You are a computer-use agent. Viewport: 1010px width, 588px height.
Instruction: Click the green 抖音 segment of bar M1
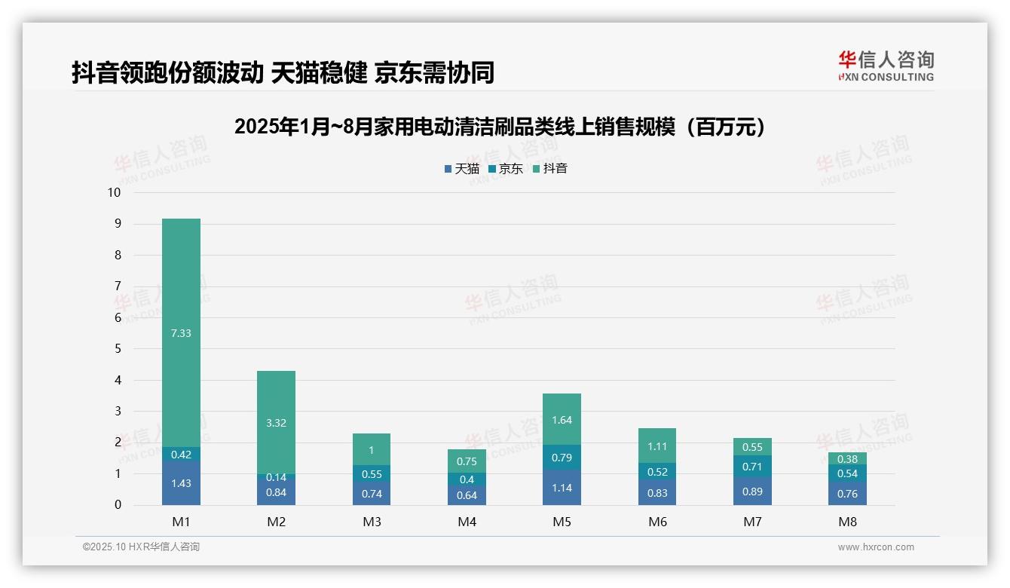coord(181,332)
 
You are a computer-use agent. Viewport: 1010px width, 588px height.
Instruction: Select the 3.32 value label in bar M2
coord(276,423)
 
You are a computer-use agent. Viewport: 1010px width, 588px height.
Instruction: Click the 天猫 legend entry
coord(462,169)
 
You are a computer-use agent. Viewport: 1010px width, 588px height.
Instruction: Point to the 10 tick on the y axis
coord(114,192)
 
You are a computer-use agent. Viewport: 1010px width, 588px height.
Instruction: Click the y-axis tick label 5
coord(118,349)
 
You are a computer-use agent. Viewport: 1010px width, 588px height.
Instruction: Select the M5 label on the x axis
coord(562,522)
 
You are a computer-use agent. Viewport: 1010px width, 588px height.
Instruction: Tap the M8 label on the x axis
coord(847,522)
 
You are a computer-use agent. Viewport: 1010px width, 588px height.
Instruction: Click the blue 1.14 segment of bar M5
coord(562,488)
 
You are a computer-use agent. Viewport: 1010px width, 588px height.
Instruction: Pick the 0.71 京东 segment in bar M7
coord(752,467)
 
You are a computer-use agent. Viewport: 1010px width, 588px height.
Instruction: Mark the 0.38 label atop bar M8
coord(847,459)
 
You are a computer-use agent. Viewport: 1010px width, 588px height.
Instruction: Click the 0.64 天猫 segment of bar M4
coord(467,495)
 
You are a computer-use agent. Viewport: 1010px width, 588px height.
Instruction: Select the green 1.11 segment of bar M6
coord(656,446)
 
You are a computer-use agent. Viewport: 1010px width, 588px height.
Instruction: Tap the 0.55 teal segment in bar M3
coord(371,473)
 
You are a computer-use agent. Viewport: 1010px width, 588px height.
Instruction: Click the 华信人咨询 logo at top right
coord(886,66)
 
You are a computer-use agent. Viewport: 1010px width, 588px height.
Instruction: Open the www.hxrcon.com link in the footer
coord(876,547)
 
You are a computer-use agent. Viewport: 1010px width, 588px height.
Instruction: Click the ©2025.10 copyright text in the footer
coord(141,547)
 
